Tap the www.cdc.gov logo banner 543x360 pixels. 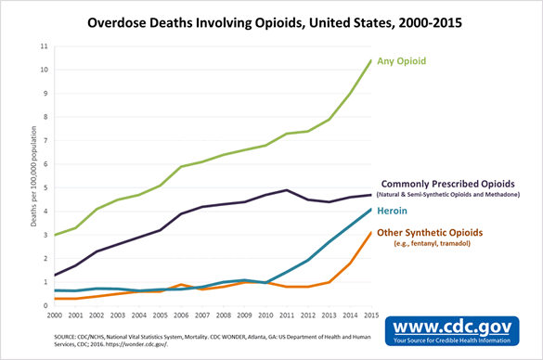[x=457, y=330]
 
